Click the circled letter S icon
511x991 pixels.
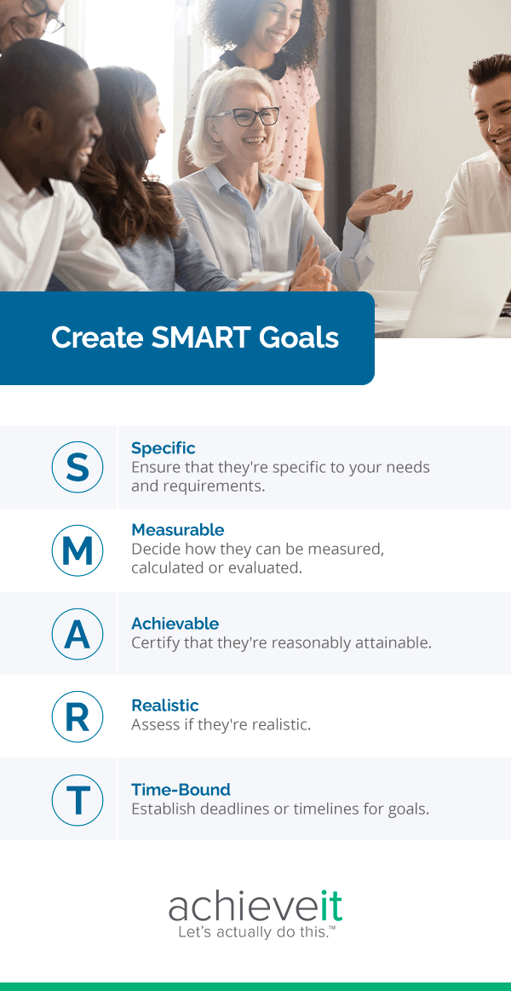pyautogui.click(x=78, y=467)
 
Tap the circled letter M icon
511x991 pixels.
pyautogui.click(x=78, y=550)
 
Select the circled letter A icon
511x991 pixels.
pyautogui.click(x=78, y=633)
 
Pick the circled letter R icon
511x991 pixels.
pyautogui.click(x=78, y=717)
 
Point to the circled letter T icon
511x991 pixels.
pyautogui.click(x=78, y=800)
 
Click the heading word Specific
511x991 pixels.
pyautogui.click(x=164, y=448)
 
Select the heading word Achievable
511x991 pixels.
pyautogui.click(x=175, y=624)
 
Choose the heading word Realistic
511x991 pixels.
pyautogui.click(x=165, y=706)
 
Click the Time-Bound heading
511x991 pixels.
pyautogui.click(x=181, y=790)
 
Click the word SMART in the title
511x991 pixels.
pyautogui.click(x=198, y=337)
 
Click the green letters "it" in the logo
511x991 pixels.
pyautogui.click(x=333, y=907)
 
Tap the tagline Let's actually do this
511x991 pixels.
pyautogui.click(x=255, y=932)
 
